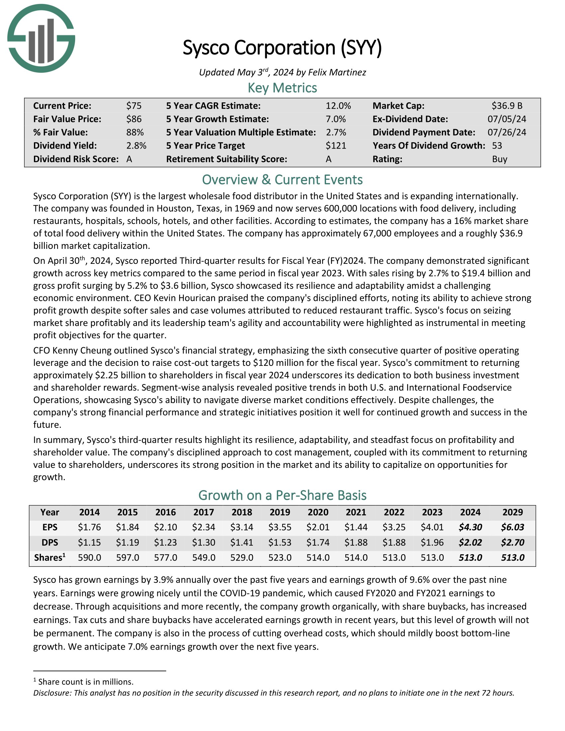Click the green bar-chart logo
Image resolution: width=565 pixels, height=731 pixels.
41,39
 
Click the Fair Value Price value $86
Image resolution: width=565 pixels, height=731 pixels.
134,119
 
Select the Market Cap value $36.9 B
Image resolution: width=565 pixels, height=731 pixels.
507,106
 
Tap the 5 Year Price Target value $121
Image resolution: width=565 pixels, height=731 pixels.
336,146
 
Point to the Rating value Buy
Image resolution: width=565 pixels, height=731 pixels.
500,159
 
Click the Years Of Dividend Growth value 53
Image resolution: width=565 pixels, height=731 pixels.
497,146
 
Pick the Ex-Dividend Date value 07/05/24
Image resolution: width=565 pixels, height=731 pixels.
507,119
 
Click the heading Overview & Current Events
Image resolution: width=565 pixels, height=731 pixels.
282,180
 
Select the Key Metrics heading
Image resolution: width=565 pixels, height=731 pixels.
282,88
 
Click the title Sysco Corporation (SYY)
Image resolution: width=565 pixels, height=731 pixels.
282,48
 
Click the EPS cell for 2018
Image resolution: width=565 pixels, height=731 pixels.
242,527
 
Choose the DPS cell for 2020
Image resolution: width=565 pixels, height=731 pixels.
318,542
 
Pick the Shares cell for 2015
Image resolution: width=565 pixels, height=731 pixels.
128,558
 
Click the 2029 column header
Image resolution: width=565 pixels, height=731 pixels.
512,512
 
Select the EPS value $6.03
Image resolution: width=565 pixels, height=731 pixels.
512,527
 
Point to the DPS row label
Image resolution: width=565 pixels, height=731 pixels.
50,542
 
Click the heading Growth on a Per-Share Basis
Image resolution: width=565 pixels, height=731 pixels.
282,495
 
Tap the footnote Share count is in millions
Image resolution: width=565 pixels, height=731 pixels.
86,682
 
